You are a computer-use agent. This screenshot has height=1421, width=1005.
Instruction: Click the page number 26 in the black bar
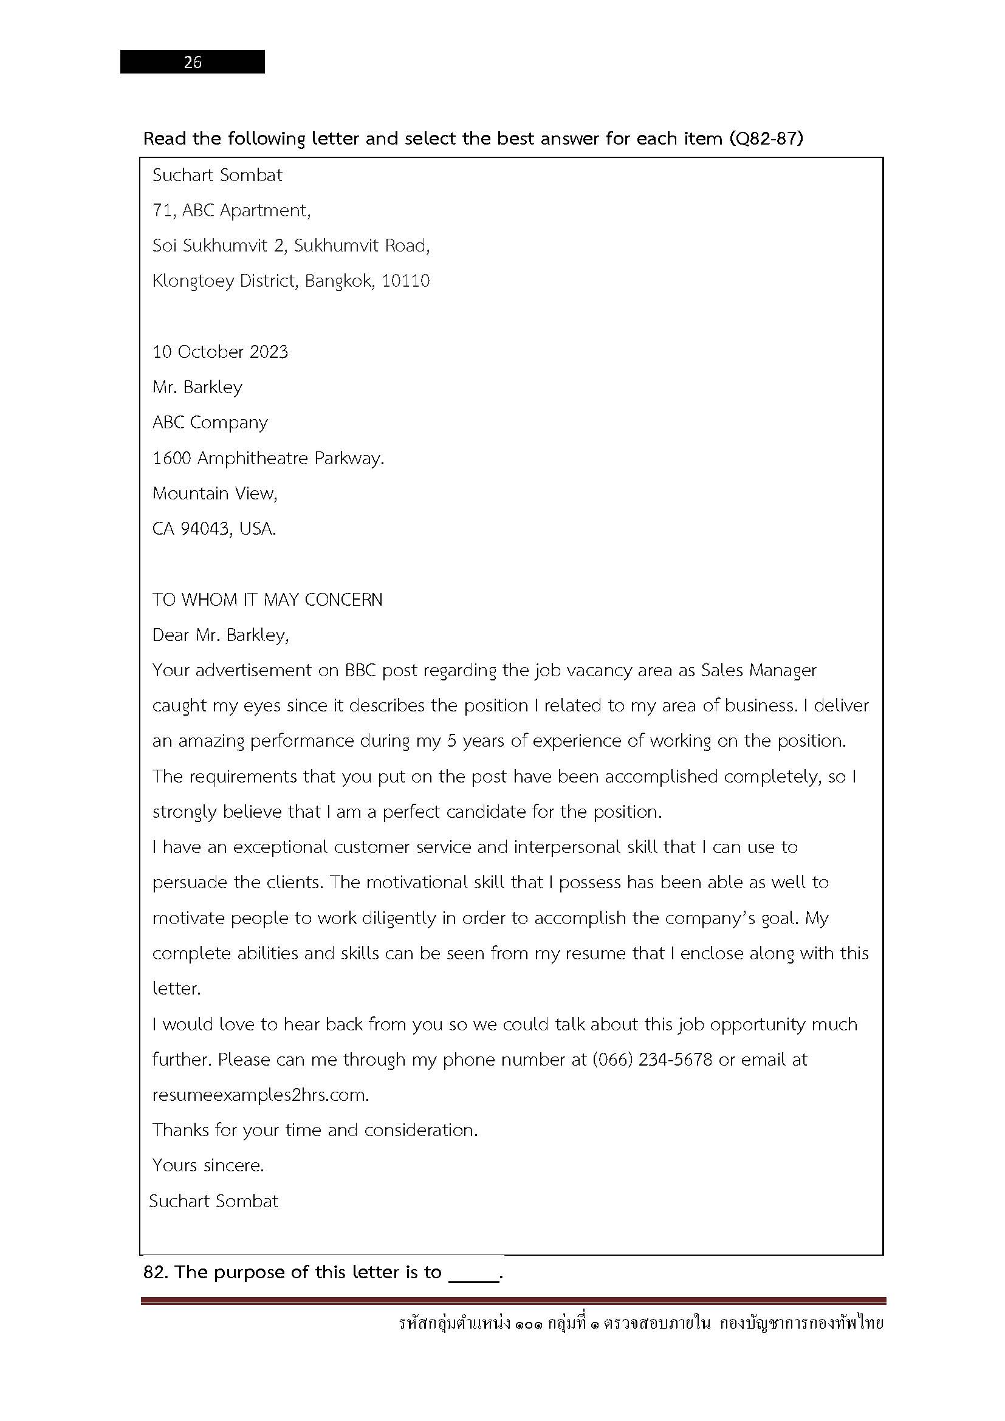[193, 62]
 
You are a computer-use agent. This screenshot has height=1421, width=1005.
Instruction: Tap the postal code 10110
[405, 281]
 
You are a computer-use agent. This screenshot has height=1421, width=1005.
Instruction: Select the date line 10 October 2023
[221, 352]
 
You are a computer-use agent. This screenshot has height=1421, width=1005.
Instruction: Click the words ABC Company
[210, 422]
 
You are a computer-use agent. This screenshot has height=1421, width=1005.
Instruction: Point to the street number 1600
[171, 458]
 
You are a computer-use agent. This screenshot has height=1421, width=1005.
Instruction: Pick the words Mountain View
[214, 493]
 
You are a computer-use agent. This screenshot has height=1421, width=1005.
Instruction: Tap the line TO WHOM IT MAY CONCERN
[267, 599]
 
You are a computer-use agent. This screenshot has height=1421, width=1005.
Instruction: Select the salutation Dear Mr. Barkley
[221, 635]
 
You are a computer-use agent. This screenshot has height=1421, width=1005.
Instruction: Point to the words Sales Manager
[759, 670]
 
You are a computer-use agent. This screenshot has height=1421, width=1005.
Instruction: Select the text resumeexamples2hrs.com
[261, 1095]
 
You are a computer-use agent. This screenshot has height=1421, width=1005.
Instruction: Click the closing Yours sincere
[208, 1165]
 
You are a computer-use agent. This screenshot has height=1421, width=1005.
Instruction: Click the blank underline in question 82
[473, 1275]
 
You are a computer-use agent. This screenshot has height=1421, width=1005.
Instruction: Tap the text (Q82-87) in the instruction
[766, 138]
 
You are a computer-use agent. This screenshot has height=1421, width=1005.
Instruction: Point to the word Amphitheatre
[253, 458]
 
